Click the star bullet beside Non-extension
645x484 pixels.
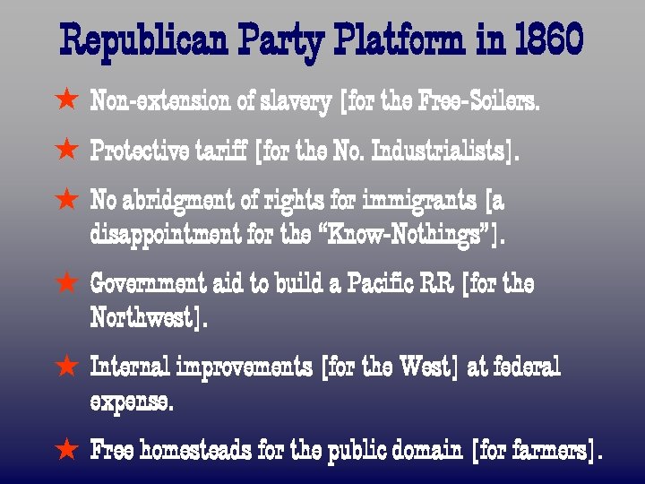pos(66,101)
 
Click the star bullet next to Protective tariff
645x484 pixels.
pos(66,151)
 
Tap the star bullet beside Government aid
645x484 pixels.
pos(66,283)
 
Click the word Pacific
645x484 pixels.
pos(411,284)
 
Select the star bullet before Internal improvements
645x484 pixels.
pos(66,366)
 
